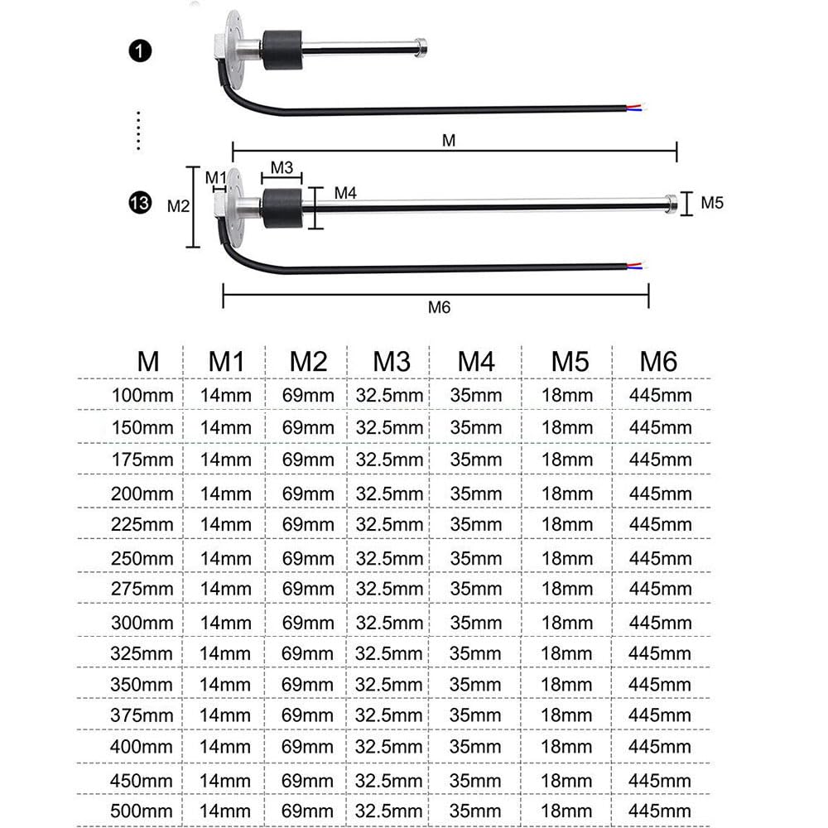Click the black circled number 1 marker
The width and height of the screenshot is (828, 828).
140,51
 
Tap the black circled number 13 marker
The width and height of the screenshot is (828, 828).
140,203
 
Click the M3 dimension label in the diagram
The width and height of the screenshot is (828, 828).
282,167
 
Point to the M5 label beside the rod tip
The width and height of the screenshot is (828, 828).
712,203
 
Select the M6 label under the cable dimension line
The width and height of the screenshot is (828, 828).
440,307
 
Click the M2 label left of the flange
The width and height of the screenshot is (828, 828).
178,206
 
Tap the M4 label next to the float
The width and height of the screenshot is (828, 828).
345,193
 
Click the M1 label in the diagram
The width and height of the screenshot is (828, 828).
215,177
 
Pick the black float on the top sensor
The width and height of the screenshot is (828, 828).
282,51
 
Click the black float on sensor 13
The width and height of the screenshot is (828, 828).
282,208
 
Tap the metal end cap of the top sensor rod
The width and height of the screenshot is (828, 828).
421,47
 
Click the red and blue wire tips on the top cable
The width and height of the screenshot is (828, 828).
636,107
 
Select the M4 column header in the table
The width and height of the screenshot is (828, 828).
476,362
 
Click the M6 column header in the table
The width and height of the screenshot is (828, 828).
658,362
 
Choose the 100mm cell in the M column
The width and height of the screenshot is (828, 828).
142,395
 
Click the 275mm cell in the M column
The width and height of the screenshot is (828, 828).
142,589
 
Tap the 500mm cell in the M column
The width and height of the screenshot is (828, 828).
142,811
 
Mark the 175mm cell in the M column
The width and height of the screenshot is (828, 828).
142,460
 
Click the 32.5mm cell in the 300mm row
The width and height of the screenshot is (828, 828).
389,623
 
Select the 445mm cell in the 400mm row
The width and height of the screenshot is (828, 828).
660,747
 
